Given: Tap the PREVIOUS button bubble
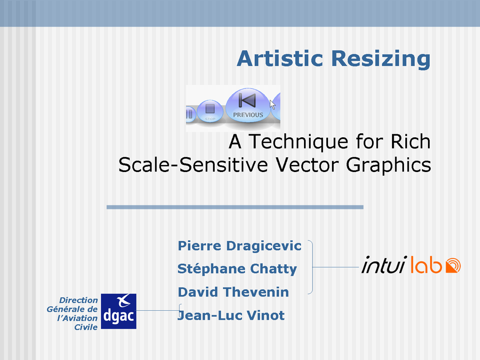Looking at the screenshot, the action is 248,105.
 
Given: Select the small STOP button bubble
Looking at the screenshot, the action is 210,111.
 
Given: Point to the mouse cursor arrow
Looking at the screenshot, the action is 272,104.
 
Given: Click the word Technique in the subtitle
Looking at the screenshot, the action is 298,142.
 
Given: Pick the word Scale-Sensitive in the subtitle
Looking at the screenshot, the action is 193,165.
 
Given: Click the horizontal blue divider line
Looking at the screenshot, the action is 235,207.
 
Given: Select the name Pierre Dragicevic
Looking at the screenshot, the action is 240,246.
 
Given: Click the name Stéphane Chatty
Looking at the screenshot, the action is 237,269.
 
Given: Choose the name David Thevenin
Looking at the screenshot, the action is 233,292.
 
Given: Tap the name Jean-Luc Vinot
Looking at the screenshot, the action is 232,315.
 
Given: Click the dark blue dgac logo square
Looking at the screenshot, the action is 119,311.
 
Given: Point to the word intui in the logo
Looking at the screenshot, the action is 384,264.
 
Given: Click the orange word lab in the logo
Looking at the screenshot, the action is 426,265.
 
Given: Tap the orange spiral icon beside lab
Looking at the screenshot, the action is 453,265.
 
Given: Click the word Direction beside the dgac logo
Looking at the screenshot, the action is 78,300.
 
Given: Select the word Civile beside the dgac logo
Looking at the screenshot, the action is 86,327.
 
